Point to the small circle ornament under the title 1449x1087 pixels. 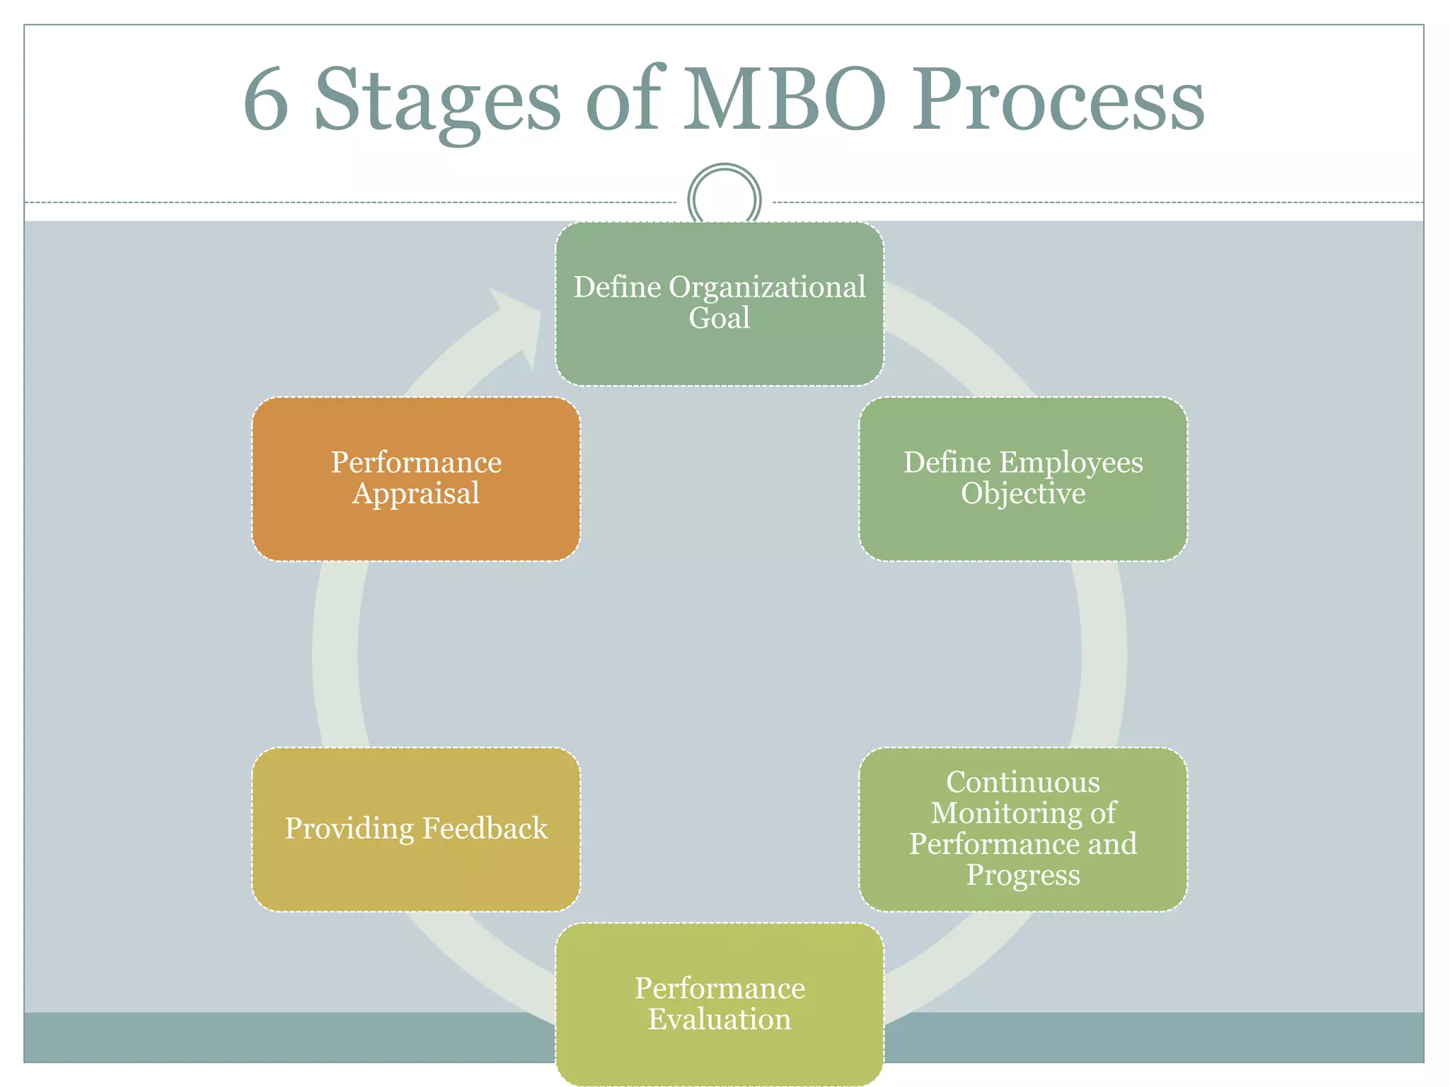(x=724, y=199)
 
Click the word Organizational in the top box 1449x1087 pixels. (x=767, y=287)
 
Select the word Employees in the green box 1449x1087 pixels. (x=1070, y=463)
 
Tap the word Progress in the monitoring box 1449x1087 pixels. (x=1023, y=875)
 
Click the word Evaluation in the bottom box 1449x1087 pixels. (x=720, y=1020)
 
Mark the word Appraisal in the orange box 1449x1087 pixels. (x=416, y=494)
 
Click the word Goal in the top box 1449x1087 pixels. (x=720, y=318)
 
